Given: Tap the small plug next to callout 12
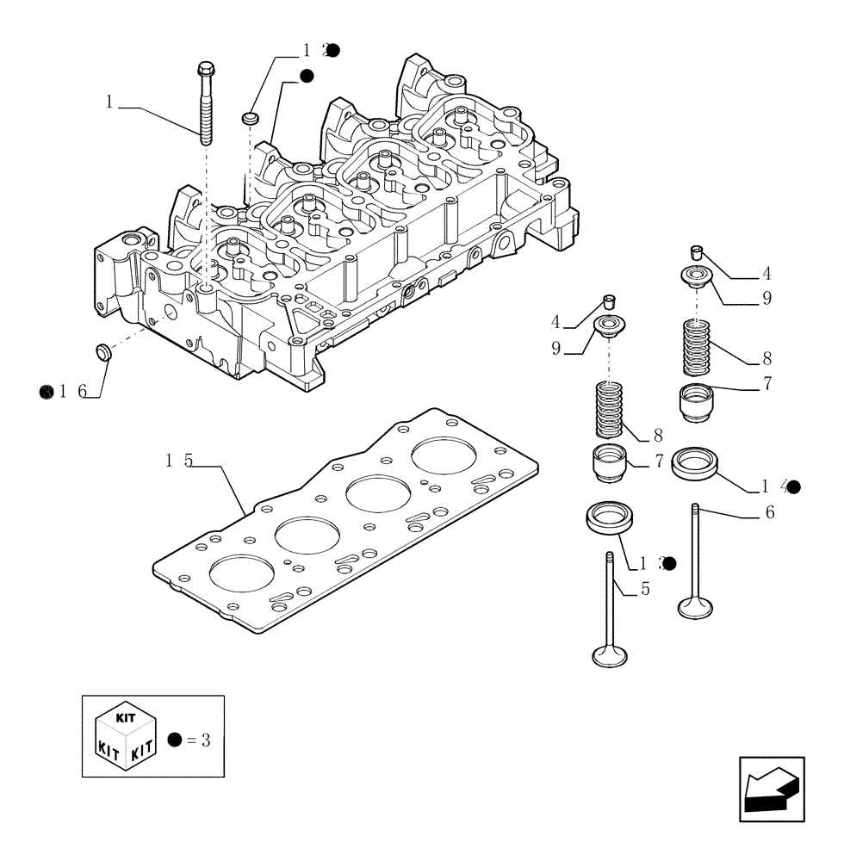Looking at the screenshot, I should (x=251, y=116).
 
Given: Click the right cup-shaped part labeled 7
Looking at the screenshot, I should (x=697, y=402).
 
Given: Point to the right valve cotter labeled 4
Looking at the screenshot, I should (x=698, y=251).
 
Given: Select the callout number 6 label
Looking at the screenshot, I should (x=769, y=513).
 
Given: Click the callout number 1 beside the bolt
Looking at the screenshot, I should (x=109, y=102).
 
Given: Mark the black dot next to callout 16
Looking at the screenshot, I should (x=47, y=392).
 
